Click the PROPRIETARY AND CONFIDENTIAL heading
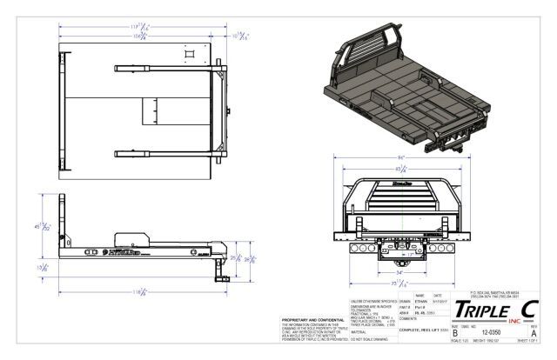pyautogui.click(x=304, y=322)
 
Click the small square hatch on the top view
pyautogui.click(x=185, y=59)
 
